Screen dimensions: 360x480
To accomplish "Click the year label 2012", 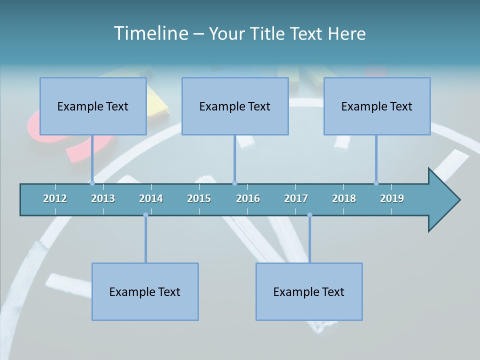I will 55,198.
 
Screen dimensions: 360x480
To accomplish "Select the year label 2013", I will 103,198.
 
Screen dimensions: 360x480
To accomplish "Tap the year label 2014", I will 151,198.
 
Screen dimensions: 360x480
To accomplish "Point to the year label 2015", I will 199,198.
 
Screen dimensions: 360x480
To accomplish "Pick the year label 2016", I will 248,198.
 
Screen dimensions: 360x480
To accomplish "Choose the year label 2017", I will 296,198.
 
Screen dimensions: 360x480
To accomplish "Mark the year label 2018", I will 344,198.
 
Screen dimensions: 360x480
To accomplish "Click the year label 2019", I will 392,198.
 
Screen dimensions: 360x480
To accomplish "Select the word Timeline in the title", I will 150,33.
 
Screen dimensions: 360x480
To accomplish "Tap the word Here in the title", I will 346,33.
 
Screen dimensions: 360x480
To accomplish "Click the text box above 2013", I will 93,106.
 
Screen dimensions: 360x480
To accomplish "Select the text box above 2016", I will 235,106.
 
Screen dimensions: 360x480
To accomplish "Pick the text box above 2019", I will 377,106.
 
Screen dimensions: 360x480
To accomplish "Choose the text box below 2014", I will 145,291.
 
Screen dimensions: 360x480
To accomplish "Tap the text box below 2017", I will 309,291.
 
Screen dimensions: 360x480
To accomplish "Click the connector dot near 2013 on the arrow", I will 92,183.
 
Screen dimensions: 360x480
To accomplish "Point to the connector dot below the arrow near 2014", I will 145,215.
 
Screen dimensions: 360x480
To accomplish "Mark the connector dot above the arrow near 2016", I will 234,183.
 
